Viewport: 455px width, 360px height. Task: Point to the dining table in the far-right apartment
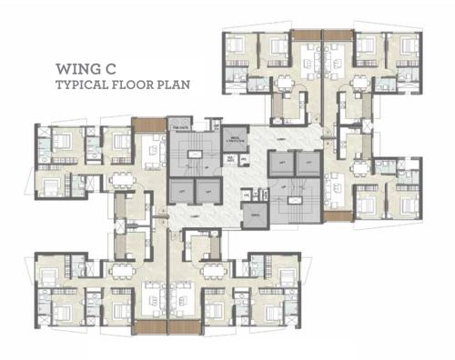click(339, 178)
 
